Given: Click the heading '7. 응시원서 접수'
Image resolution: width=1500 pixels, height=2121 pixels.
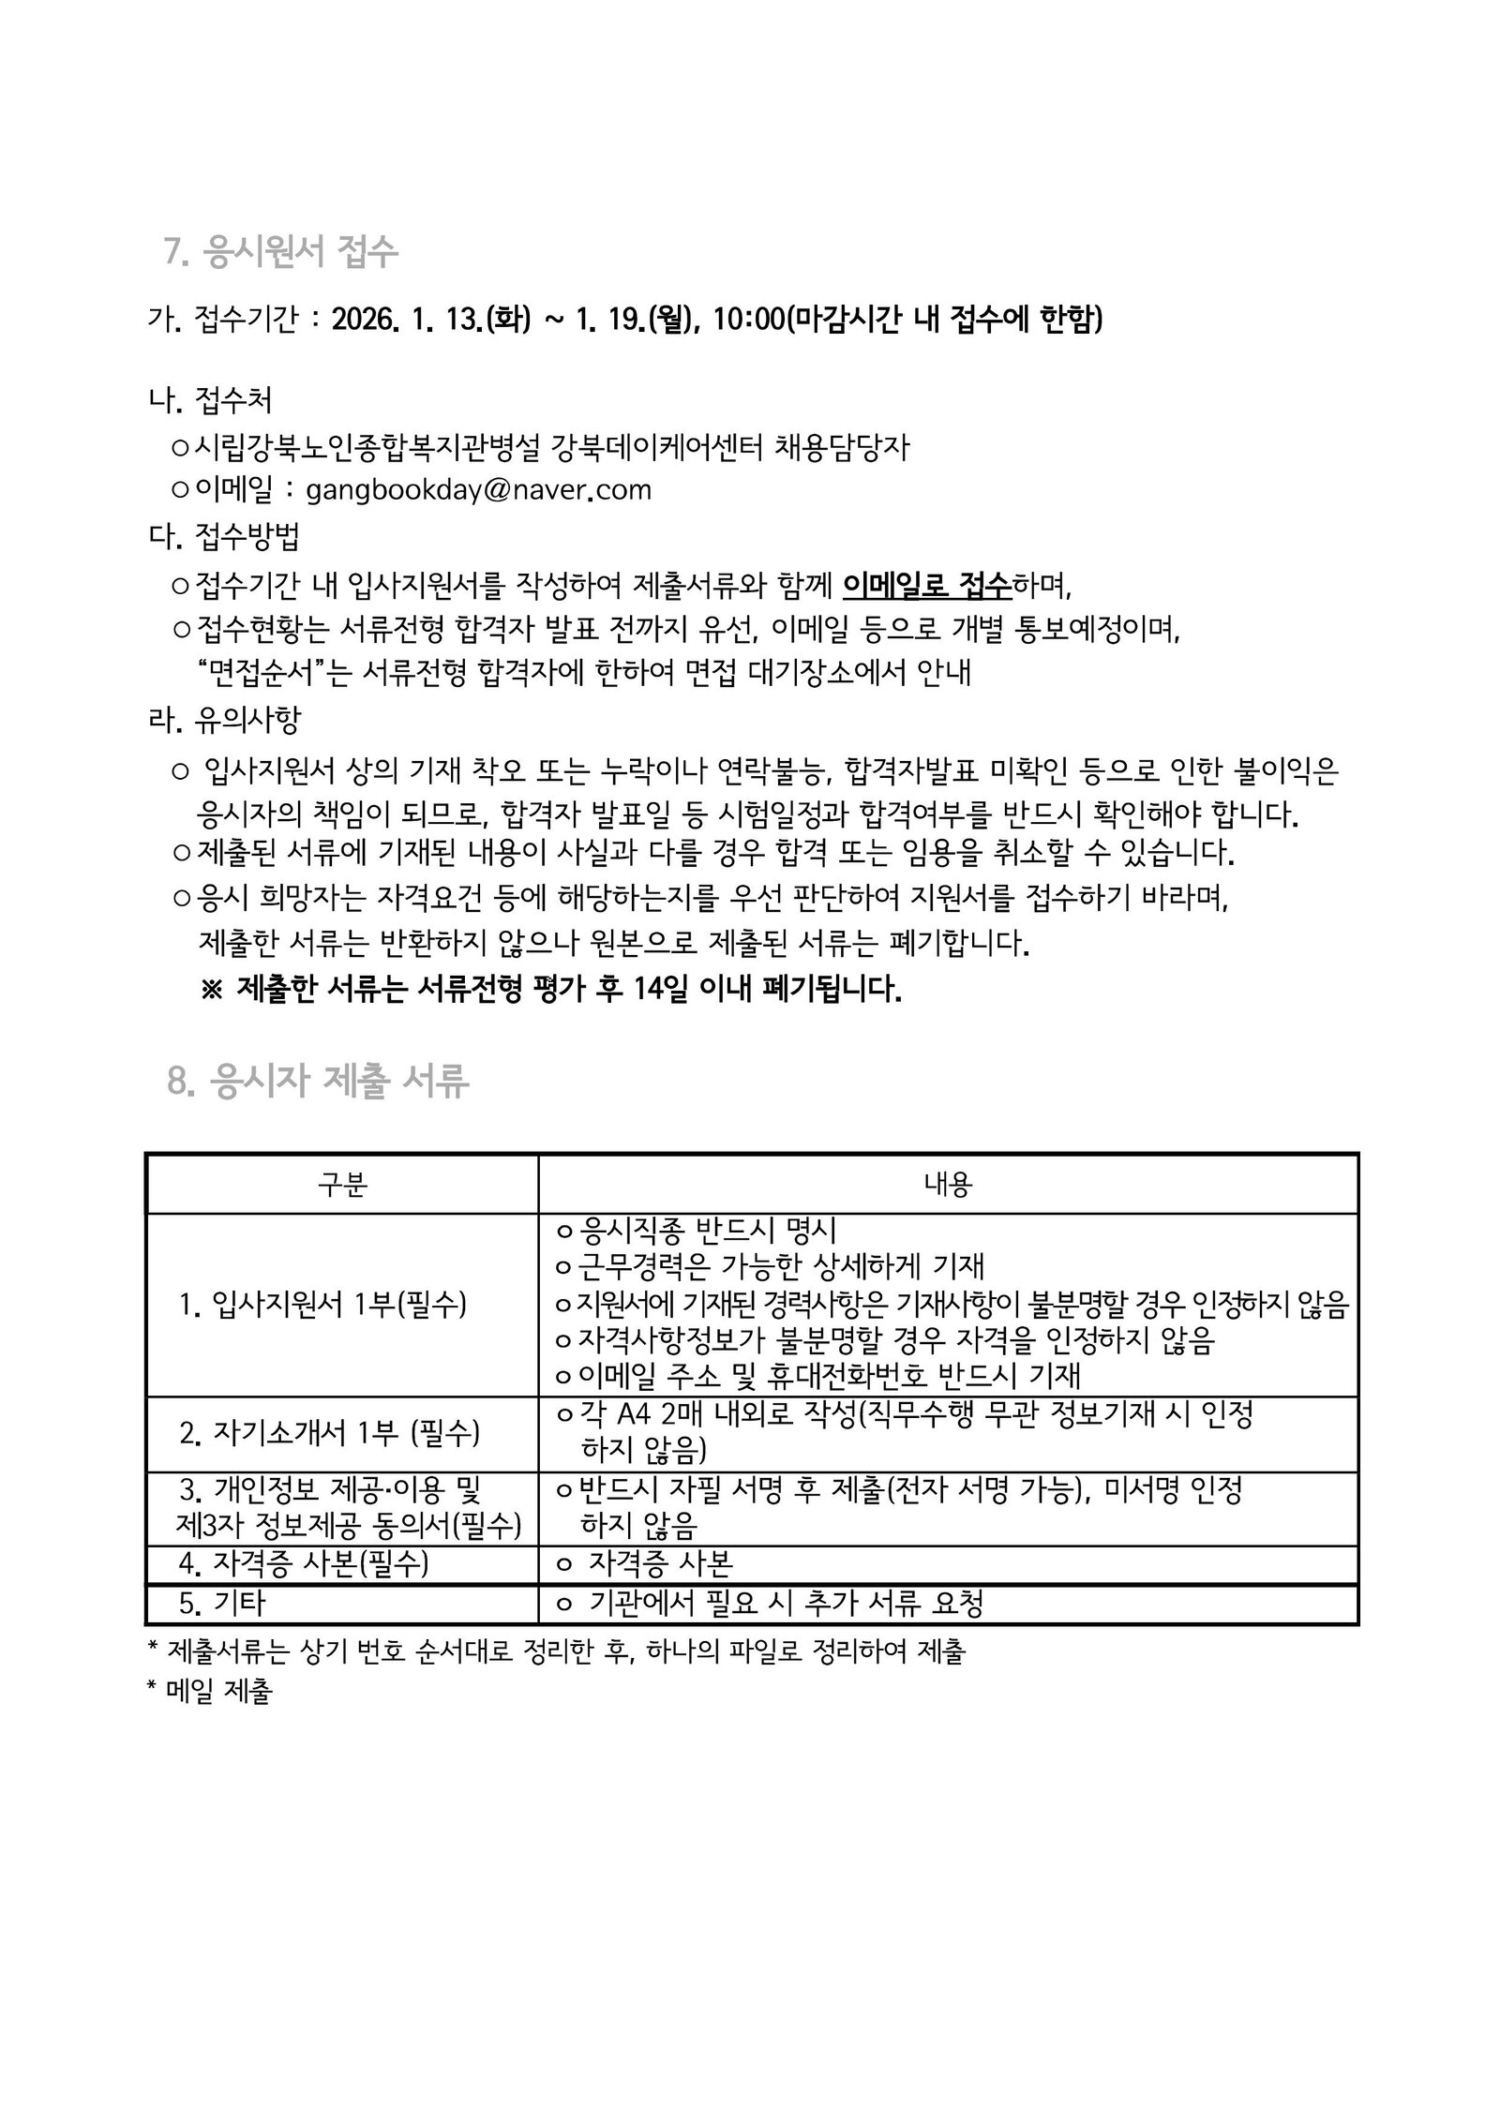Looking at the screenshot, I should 281,252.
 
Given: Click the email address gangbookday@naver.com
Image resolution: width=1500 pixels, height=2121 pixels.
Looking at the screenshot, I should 478,490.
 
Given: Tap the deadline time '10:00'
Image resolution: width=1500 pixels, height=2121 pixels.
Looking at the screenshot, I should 747,321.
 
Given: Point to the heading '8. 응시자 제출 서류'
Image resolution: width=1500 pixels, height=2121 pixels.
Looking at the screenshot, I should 318,1081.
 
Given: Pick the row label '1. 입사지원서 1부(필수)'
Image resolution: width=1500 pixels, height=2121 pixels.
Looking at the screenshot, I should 322,1304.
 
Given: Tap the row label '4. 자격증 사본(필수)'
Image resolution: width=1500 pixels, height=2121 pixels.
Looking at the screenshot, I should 304,1563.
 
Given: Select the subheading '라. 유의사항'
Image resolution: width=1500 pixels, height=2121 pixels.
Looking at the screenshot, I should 225,720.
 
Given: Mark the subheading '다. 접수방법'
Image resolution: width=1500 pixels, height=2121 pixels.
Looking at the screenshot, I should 225,537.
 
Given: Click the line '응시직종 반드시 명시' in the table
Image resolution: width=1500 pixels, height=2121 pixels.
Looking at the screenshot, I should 708,1230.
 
